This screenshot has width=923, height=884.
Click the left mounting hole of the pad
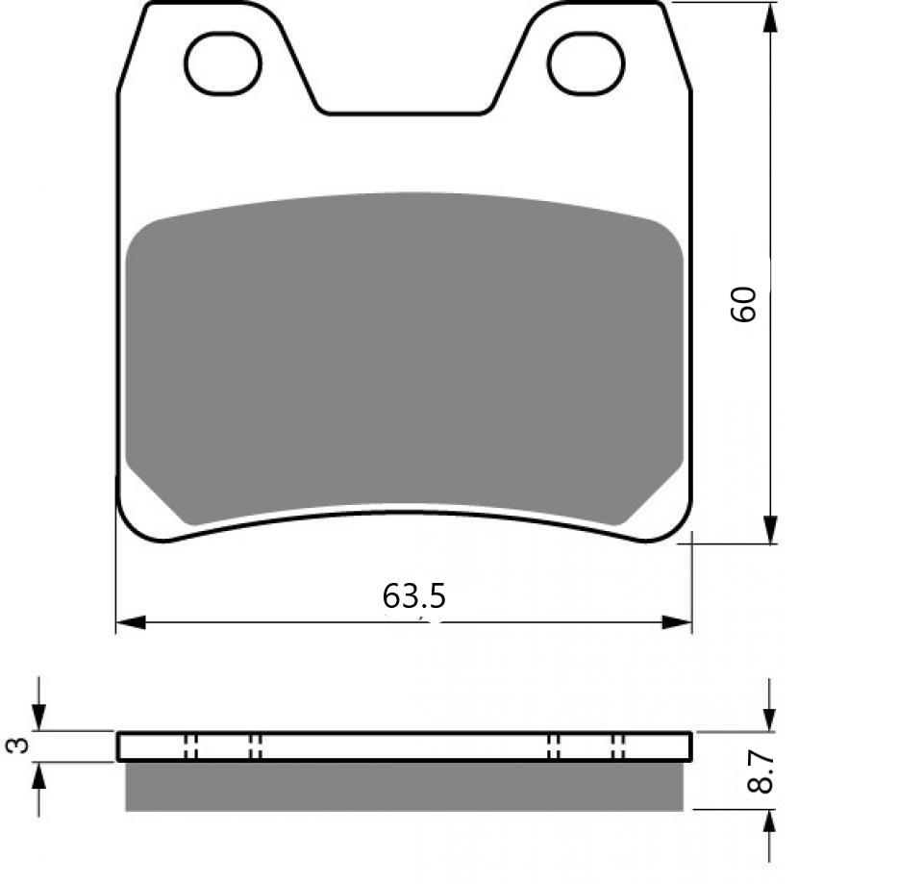[x=223, y=63]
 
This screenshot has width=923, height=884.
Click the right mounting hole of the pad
[x=586, y=63]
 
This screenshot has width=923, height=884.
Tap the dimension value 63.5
[x=413, y=597]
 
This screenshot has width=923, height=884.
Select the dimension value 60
[x=746, y=304]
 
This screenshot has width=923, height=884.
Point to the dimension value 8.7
[x=761, y=771]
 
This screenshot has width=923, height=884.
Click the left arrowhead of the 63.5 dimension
[x=130, y=622]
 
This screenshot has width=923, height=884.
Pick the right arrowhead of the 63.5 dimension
[x=678, y=622]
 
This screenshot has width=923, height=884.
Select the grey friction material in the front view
[x=404, y=356]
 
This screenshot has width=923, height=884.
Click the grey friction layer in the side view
[x=404, y=786]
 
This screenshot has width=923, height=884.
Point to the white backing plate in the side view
[x=404, y=746]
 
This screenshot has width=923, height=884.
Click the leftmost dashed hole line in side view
[x=187, y=746]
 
